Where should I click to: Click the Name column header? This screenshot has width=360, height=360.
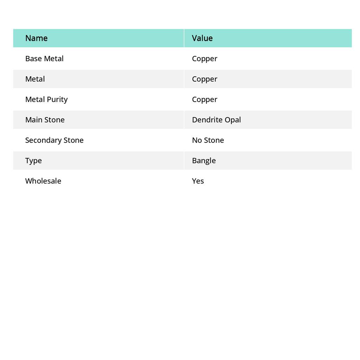point(36,38)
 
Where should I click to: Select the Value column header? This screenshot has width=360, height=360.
point(202,38)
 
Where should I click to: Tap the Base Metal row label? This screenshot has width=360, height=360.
point(44,59)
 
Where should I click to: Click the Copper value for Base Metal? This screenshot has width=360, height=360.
point(205,59)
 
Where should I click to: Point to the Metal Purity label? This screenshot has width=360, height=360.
point(46,99)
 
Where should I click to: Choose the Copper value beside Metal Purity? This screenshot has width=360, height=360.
point(205,99)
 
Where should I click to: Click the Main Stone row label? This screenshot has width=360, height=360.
point(45,120)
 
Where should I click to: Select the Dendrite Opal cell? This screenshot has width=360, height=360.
point(216,120)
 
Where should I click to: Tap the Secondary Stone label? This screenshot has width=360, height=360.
point(54,140)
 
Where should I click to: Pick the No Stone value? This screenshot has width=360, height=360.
point(208,140)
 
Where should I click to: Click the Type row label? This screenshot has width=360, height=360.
point(33,161)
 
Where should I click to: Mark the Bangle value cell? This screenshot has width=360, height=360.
point(204,161)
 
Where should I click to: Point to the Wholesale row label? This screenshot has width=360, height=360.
point(43,181)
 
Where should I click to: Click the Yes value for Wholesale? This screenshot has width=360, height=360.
point(198,181)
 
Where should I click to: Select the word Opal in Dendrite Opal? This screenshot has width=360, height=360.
point(233,120)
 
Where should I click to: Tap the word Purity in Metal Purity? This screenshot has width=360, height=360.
point(57,99)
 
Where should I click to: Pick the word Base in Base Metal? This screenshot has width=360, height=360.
point(33,59)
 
